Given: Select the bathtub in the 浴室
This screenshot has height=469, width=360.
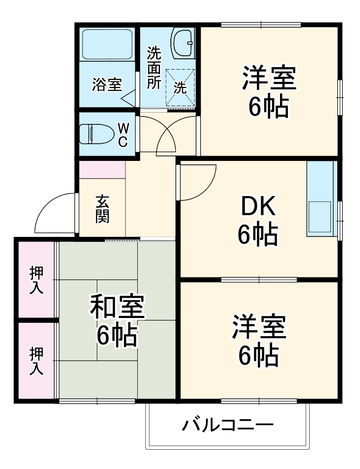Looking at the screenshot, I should pyautogui.click(x=107, y=44).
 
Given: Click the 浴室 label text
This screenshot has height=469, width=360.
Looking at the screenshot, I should pyautogui.click(x=107, y=85).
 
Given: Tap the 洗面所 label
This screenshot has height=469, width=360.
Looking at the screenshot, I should pyautogui.click(x=154, y=67).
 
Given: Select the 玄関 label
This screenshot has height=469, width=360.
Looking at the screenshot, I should pyautogui.click(x=102, y=209).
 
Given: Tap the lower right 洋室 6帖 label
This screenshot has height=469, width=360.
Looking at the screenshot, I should pyautogui.click(x=259, y=340).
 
